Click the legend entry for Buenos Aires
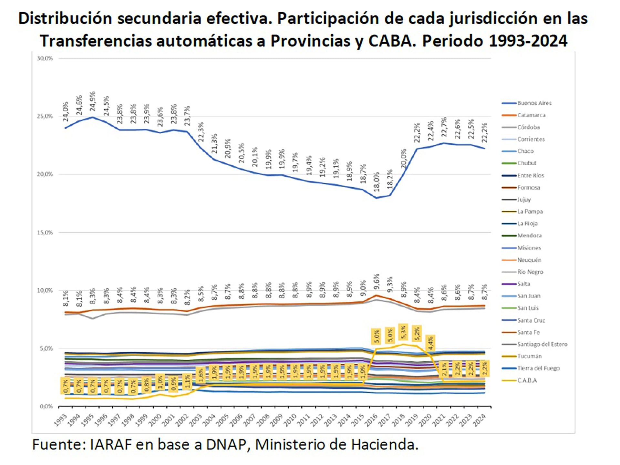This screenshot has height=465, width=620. [x=534, y=103]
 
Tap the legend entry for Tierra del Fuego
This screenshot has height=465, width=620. [x=538, y=368]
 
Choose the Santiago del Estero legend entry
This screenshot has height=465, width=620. [x=542, y=344]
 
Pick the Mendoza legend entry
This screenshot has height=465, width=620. [x=530, y=235]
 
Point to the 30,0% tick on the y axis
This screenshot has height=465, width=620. [x=45, y=58]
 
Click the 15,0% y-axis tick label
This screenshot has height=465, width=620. [x=45, y=232]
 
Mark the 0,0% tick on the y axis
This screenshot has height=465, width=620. [x=46, y=406]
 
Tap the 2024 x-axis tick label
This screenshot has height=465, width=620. [x=479, y=420]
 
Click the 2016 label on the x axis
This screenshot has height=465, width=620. [x=371, y=420]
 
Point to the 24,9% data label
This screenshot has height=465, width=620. [x=93, y=101]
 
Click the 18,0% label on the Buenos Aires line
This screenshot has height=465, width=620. [x=377, y=182]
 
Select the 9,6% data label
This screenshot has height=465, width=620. [x=377, y=282]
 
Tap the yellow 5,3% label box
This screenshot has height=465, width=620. [x=403, y=332]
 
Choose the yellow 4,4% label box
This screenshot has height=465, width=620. [x=430, y=343]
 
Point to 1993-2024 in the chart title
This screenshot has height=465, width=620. [x=528, y=41]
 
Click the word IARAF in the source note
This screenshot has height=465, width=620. [x=110, y=445]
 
